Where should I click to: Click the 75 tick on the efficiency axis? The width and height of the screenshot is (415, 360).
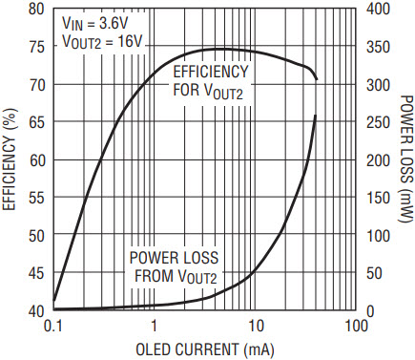tap(37, 47)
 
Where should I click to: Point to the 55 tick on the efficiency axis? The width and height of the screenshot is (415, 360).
tap(37, 198)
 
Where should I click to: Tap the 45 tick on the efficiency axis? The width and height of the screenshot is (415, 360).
tap(37, 273)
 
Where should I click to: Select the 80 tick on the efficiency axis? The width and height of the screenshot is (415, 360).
tap(37, 10)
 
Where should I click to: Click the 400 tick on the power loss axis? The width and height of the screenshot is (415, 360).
tap(378, 9)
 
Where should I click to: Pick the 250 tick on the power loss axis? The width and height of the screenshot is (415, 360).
tap(378, 122)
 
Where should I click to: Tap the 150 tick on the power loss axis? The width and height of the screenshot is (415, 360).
tap(378, 198)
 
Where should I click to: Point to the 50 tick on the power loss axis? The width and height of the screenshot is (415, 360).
tap(374, 273)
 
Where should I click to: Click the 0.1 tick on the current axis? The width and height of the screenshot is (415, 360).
tap(53, 327)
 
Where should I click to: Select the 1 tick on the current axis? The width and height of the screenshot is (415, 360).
tap(155, 327)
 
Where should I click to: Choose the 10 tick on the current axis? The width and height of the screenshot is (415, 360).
tap(255, 327)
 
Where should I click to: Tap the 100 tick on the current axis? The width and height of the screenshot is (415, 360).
tap(356, 327)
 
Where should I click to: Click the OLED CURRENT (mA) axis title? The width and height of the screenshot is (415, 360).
tap(205, 349)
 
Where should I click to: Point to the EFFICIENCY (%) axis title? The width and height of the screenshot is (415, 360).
tap(10, 159)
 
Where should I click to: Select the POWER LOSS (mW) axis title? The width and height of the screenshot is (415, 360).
tap(405, 159)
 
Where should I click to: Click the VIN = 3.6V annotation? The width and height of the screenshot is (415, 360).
tap(95, 23)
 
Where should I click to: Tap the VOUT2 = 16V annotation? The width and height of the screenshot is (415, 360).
tap(102, 41)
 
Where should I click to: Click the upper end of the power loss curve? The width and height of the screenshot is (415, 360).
tap(315, 116)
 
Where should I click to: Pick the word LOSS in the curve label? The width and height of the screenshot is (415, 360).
tap(200, 258)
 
